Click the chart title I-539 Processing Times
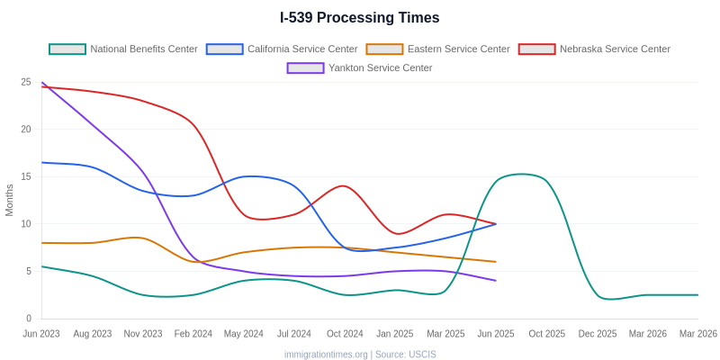point(360,18)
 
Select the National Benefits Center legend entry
point(123,49)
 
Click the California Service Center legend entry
point(282,49)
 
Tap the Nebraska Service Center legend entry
point(594,49)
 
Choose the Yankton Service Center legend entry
point(360,67)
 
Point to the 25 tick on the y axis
point(26,82)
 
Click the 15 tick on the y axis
point(26,176)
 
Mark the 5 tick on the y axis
point(28,271)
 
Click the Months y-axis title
point(10,200)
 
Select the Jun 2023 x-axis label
point(41,334)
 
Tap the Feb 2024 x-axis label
point(193,334)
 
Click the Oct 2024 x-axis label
point(345,334)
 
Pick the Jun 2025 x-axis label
point(496,334)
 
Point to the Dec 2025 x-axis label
point(598,334)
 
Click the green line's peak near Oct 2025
point(522,174)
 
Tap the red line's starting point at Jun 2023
point(42,87)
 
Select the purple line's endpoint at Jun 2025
point(496,281)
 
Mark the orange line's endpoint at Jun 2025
point(496,262)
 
